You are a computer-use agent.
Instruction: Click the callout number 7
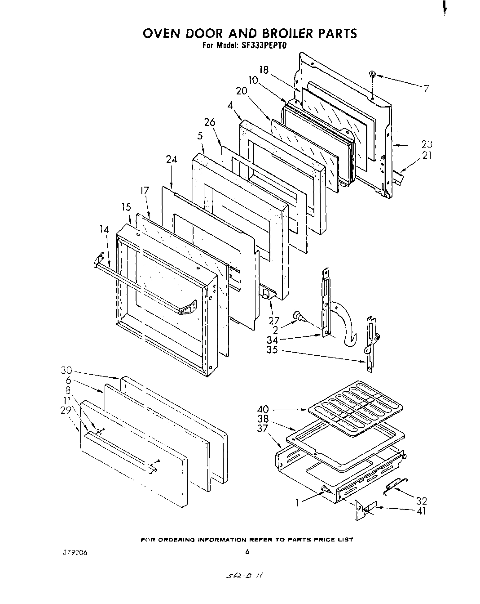427,88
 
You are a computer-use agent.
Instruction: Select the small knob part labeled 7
372,74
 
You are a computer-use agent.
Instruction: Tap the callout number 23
427,144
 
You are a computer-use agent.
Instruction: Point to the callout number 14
104,229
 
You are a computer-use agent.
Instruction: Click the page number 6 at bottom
247,552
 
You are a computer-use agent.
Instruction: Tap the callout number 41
421,511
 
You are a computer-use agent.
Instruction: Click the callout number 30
66,371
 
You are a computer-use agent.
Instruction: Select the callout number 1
297,503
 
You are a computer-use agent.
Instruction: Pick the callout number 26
210,122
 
